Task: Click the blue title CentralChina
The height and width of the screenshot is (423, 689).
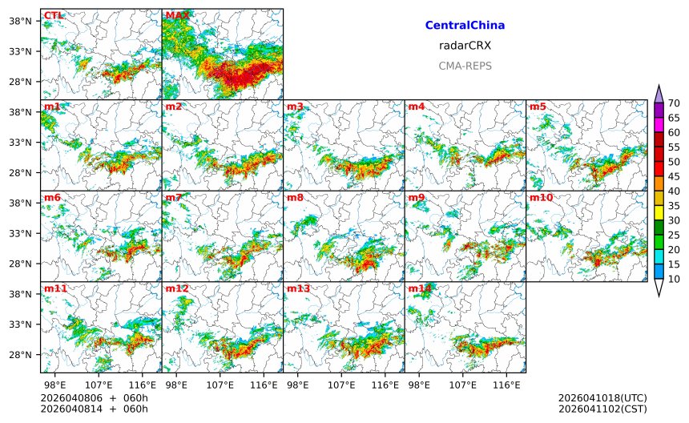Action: point(465,26)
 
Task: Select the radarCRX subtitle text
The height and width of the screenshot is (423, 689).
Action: point(465,46)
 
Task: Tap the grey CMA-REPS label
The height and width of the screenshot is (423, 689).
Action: point(465,66)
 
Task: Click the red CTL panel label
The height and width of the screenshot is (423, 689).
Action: point(53,15)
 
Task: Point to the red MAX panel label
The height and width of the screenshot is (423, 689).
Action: point(177,15)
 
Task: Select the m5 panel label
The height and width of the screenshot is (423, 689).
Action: point(538,107)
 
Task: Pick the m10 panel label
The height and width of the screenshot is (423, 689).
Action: point(540,197)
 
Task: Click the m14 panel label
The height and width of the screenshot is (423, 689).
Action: point(419,288)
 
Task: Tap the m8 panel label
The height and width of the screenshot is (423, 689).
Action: point(295,197)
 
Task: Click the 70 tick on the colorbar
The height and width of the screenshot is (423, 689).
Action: point(674,103)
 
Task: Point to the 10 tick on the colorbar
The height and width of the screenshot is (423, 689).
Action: point(674,279)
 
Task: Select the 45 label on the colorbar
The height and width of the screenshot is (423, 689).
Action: point(674,176)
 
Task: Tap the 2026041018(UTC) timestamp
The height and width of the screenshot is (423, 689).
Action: point(602,398)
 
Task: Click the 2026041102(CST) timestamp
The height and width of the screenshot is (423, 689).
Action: point(602,409)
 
